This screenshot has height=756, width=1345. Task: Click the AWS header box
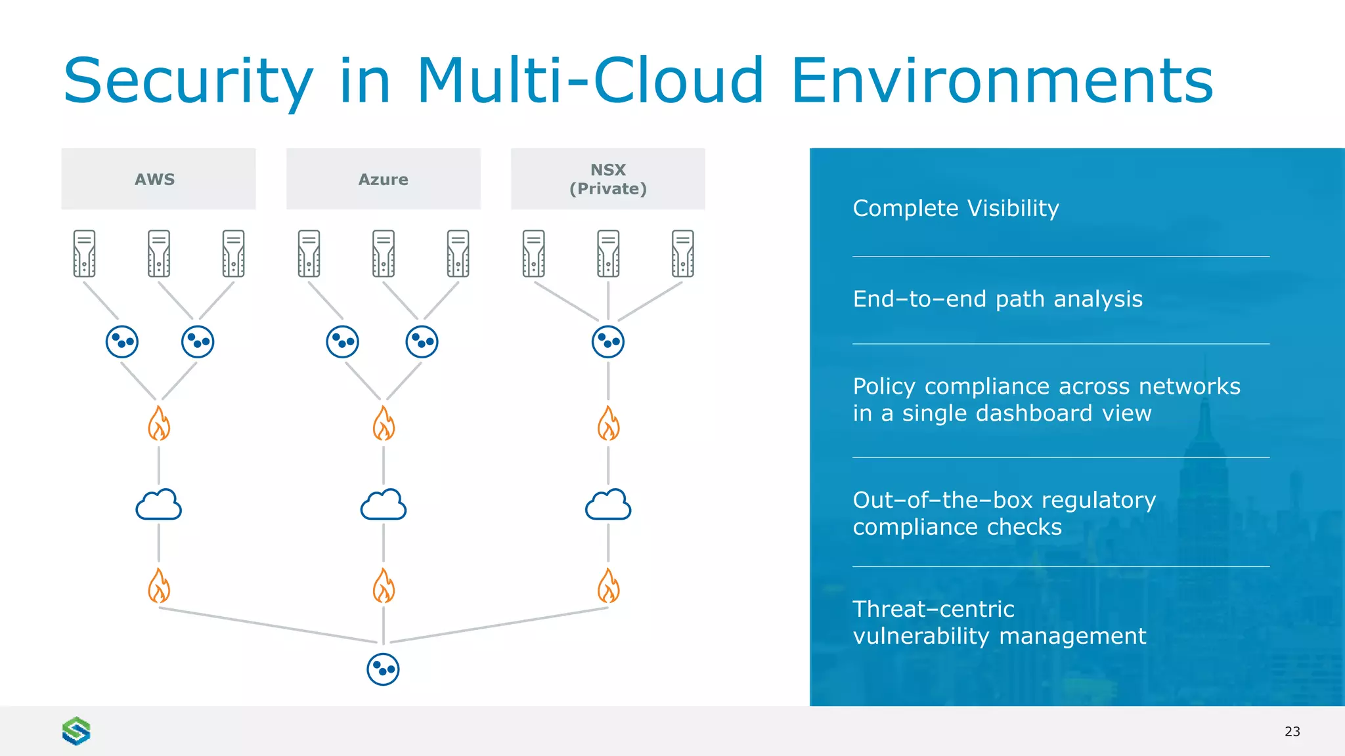click(158, 179)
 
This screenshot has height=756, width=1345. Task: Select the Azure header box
click(383, 179)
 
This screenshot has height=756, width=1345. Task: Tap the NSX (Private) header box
click(607, 179)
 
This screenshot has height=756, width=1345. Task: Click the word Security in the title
click(188, 81)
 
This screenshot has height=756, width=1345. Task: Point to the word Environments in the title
click(1002, 81)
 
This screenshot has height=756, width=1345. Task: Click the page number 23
click(1292, 731)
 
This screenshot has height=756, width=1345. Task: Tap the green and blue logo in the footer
click(76, 730)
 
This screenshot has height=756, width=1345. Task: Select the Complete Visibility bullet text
click(956, 208)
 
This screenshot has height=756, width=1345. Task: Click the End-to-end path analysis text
click(997, 299)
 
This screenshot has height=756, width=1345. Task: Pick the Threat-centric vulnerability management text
click(998, 622)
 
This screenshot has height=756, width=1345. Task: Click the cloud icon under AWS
click(158, 505)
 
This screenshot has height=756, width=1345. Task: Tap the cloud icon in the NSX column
click(607, 505)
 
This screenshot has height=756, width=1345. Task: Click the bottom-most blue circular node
click(383, 669)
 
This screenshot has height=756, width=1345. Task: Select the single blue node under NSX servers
click(607, 342)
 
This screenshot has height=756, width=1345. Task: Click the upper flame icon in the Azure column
click(384, 423)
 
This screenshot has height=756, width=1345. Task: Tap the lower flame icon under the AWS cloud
click(158, 585)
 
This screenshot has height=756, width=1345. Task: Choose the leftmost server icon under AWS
click(84, 253)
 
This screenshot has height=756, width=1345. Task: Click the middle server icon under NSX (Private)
click(607, 253)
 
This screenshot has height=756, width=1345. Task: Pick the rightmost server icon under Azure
click(458, 253)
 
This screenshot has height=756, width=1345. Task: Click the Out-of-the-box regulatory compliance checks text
click(1003, 513)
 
